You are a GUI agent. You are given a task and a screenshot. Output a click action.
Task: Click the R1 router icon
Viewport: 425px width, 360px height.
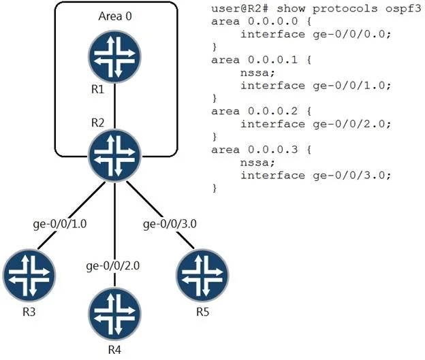coord(114,56)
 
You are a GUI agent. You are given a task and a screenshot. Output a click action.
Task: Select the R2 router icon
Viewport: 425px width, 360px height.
coord(114,155)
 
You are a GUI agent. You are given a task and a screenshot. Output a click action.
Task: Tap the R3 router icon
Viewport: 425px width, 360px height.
coord(29,276)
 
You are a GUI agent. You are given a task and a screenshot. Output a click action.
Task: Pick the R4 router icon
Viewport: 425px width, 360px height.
coord(114,314)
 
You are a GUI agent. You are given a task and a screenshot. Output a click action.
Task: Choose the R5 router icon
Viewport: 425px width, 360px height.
coord(202,276)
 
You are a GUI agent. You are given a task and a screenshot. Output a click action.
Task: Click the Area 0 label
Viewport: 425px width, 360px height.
coord(115,16)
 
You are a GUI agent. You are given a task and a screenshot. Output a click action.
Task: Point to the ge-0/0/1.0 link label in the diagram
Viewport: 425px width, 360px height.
coord(60,224)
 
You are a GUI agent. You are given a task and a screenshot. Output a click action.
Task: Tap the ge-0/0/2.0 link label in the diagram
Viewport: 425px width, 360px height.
coord(113,266)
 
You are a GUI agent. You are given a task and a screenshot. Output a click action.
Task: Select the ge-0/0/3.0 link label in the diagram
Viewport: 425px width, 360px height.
coord(170,224)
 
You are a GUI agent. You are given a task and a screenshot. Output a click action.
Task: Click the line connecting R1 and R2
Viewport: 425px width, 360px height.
coord(114,106)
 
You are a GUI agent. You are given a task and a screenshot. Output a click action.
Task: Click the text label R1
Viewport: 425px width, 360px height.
coord(97,89)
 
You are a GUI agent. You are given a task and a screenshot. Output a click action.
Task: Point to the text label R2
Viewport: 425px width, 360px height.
coord(97,122)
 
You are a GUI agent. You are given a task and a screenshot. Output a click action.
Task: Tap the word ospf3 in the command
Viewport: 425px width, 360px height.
coord(403,9)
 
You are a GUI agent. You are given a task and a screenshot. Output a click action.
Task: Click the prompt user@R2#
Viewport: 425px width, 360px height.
coord(240,9)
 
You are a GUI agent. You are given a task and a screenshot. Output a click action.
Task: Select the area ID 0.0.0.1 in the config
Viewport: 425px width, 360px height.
coord(272,60)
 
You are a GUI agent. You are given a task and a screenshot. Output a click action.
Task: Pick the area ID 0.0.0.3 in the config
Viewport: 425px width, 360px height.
coord(272,150)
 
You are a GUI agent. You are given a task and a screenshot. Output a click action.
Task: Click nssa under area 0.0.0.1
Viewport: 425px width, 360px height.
coord(257,73)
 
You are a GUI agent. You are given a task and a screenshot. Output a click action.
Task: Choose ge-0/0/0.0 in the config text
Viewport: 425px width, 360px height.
coord(352,35)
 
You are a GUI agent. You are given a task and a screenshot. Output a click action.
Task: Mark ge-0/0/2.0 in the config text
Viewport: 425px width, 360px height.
coord(352,124)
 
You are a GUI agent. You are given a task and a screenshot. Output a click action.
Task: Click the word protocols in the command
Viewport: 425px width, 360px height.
coord(345,9)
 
